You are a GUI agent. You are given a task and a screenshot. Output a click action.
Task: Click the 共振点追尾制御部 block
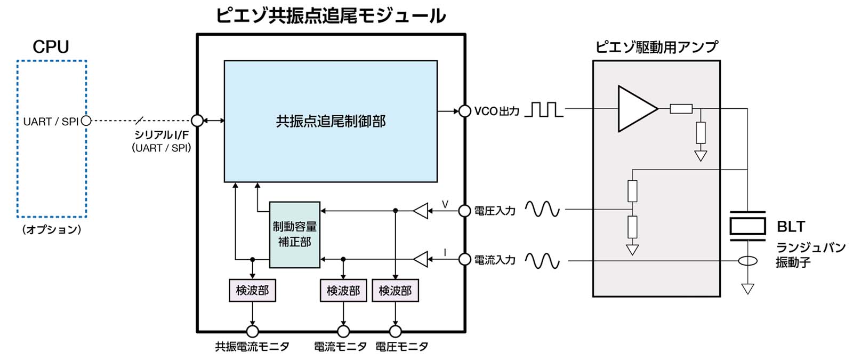tap(331, 122)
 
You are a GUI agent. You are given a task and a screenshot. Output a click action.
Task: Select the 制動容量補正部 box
tap(294, 235)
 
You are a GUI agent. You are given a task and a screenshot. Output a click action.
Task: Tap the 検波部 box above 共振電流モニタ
tap(252, 291)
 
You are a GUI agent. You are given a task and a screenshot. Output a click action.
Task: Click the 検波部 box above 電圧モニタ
tap(395, 291)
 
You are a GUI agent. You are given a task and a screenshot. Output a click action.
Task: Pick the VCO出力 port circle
tap(465, 111)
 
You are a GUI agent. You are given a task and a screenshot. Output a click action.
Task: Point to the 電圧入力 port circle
tap(465, 211)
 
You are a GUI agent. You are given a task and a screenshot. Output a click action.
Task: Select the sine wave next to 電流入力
tap(542, 261)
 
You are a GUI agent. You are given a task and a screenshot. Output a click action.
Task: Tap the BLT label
tap(791, 227)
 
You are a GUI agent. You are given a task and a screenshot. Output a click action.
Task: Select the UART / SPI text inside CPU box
tap(51, 122)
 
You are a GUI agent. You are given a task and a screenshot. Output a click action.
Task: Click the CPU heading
tap(51, 47)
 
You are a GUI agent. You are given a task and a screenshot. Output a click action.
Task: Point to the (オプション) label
tap(52, 230)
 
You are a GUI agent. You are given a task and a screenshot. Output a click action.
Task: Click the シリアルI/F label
tap(161, 135)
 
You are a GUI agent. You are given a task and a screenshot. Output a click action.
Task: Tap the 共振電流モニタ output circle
tap(252, 331)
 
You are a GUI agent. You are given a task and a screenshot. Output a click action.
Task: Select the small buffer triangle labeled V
tap(421, 211)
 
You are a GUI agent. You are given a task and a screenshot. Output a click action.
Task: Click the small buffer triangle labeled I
tap(421, 260)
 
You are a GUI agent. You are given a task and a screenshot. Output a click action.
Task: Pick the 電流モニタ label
tap(340, 347)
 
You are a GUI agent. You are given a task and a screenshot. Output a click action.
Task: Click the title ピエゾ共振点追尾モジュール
tap(331, 16)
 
